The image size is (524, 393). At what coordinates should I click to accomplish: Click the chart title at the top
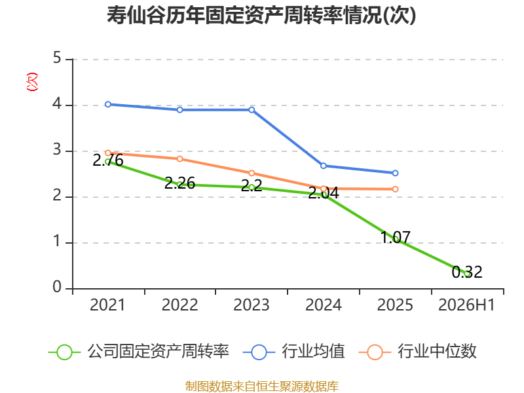pyautogui.click(x=261, y=15)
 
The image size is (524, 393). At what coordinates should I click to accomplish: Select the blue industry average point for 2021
pyautogui.click(x=108, y=105)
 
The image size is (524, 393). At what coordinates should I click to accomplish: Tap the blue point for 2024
pyautogui.click(x=323, y=166)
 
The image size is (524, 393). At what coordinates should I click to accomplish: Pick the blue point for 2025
pyautogui.click(x=395, y=173)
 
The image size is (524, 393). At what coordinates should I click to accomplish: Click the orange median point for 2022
pyautogui.click(x=179, y=159)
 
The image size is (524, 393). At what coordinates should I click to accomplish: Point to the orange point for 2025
pyautogui.click(x=395, y=189)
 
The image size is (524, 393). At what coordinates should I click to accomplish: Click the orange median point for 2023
pyautogui.click(x=252, y=173)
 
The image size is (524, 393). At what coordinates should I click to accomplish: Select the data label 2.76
pyautogui.click(x=108, y=160)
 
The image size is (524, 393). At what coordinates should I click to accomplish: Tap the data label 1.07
pyautogui.click(x=396, y=238)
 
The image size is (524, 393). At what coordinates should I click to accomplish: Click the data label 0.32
pyautogui.click(x=467, y=272)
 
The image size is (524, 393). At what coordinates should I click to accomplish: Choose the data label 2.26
pyautogui.click(x=179, y=183)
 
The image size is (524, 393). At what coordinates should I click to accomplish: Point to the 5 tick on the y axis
pyautogui.click(x=57, y=58)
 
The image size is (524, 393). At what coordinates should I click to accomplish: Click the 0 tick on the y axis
pyautogui.click(x=57, y=287)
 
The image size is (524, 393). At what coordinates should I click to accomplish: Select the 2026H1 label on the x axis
pyautogui.click(x=466, y=305)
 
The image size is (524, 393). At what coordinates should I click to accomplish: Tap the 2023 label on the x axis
pyautogui.click(x=252, y=305)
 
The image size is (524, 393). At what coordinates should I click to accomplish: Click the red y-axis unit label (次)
pyautogui.click(x=32, y=82)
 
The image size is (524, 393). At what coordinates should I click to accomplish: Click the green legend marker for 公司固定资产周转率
pyautogui.click(x=64, y=352)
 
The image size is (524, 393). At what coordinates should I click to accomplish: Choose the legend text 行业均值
pyautogui.click(x=313, y=352)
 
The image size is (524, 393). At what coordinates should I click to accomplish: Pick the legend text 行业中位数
pyautogui.click(x=437, y=352)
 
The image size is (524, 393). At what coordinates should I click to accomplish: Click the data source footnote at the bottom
pyautogui.click(x=262, y=386)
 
